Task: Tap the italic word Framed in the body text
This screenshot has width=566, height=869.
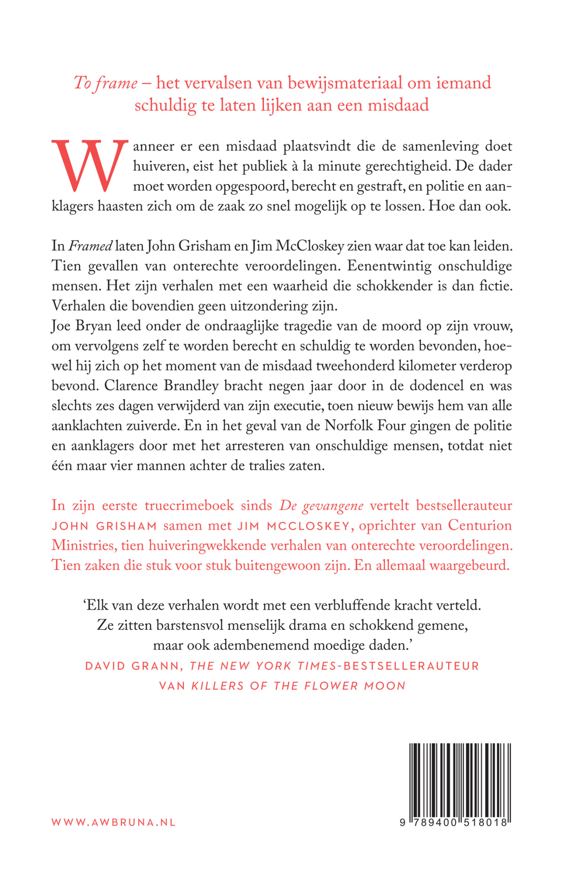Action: pos(91,246)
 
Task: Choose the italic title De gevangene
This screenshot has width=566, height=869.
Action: pos(321,506)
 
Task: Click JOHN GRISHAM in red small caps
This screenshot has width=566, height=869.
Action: pos(104,526)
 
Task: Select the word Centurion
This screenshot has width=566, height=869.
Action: pos(480,525)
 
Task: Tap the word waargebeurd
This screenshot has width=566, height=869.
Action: pos(469,565)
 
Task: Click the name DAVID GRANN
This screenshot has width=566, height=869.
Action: pos(132,666)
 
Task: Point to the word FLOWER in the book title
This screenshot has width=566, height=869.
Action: pos(331,686)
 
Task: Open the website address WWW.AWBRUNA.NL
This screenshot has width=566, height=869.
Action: pos(114,823)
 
